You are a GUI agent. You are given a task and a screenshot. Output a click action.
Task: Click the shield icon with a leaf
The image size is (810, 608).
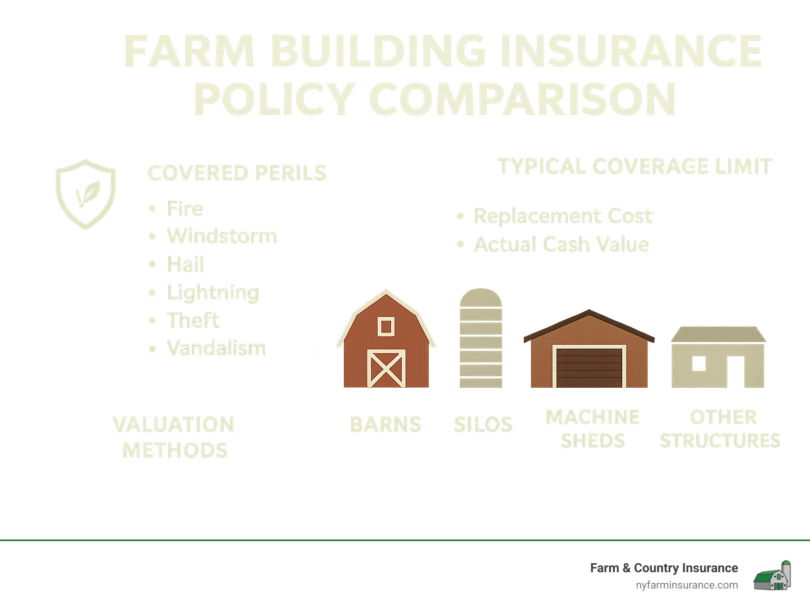pyautogui.click(x=85, y=194)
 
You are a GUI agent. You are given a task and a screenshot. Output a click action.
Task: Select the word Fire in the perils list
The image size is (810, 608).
pyautogui.click(x=185, y=209)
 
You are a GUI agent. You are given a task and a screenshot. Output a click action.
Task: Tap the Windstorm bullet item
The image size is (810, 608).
pyautogui.click(x=222, y=236)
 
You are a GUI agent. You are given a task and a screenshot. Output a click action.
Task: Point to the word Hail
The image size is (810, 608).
pyautogui.click(x=186, y=264)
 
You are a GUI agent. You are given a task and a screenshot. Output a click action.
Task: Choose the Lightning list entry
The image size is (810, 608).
pyautogui.click(x=213, y=292)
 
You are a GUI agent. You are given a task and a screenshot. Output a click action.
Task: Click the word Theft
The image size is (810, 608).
pyautogui.click(x=193, y=320)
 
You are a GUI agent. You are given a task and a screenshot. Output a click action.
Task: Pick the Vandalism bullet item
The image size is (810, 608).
pyautogui.click(x=216, y=348)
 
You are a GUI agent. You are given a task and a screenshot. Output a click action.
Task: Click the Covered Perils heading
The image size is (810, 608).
pyautogui.click(x=237, y=173)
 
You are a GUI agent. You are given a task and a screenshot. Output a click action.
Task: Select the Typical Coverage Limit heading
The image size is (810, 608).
pyautogui.click(x=634, y=166)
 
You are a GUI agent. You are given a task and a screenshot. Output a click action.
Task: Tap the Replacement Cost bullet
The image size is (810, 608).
pyautogui.click(x=563, y=216)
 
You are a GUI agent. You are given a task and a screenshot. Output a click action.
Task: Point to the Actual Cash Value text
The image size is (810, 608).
pyautogui.click(x=562, y=244)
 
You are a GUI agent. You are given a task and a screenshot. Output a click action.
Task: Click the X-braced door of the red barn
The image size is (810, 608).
pyautogui.click(x=386, y=368)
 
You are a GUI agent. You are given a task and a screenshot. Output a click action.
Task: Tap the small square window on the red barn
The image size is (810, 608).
pyautogui.click(x=386, y=327)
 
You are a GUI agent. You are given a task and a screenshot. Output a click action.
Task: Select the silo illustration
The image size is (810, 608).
pyautogui.click(x=480, y=338)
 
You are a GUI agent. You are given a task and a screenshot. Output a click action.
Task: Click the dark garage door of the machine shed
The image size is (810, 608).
pyautogui.click(x=589, y=367)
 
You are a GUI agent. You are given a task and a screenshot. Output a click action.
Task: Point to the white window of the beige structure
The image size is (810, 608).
pyautogui.click(x=699, y=364)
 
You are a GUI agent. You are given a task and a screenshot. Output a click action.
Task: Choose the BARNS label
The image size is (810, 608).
pyautogui.click(x=385, y=425)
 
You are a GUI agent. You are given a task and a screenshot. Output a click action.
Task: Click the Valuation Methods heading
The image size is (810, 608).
pyautogui.click(x=174, y=437)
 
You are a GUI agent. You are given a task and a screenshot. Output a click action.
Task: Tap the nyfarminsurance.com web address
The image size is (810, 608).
pyautogui.click(x=687, y=585)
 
